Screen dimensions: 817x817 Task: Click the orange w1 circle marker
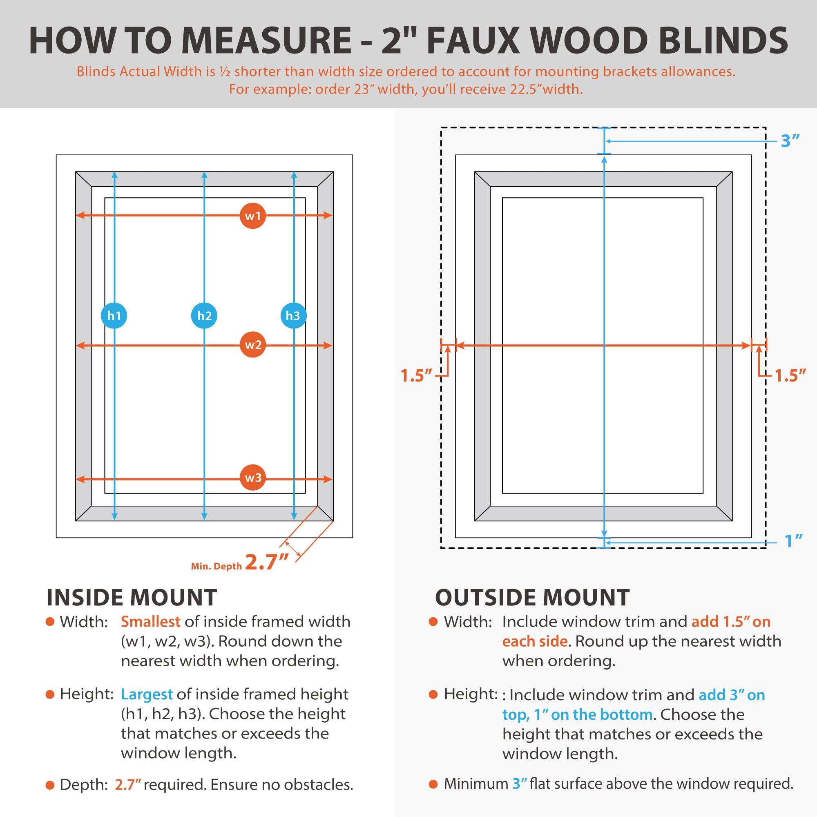pyautogui.click(x=253, y=216)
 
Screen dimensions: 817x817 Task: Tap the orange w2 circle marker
pyautogui.click(x=253, y=345)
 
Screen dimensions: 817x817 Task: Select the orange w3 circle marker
pyautogui.click(x=253, y=478)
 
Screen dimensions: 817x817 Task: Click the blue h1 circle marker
pyautogui.click(x=114, y=315)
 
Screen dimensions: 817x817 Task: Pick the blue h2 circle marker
pyautogui.click(x=204, y=315)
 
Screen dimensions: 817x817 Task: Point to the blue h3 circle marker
pyautogui.click(x=293, y=315)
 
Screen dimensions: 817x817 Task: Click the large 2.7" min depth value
pyautogui.click(x=267, y=563)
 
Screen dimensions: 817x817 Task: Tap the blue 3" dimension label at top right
pyautogui.click(x=790, y=141)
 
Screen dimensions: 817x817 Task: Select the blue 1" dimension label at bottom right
pyautogui.click(x=793, y=541)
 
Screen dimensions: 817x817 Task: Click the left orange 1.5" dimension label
pyautogui.click(x=417, y=375)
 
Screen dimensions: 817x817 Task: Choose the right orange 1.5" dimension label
pyautogui.click(x=790, y=375)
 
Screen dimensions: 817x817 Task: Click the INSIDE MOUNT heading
pyautogui.click(x=132, y=598)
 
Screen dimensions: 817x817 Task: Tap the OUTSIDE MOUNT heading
pyautogui.click(x=532, y=598)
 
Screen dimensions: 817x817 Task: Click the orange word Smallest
pyautogui.click(x=151, y=622)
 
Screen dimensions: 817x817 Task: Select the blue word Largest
pyautogui.click(x=147, y=694)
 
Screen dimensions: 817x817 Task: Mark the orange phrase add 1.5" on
pyautogui.click(x=731, y=622)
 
